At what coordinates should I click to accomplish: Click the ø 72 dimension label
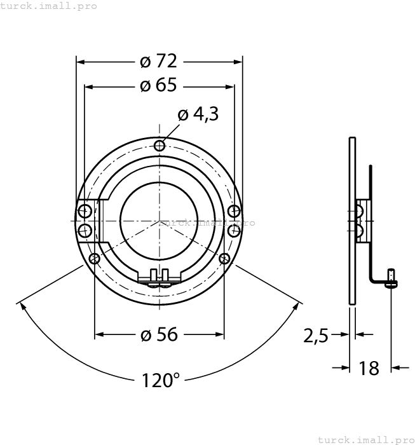(x=158, y=61)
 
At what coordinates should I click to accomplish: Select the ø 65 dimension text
(x=158, y=85)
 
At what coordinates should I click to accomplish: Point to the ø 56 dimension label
(x=158, y=334)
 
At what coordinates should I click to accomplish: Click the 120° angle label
(x=160, y=380)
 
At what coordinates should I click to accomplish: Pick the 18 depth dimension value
(x=369, y=367)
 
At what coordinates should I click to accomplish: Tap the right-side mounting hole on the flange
(x=234, y=211)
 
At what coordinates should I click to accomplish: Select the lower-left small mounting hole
(x=95, y=258)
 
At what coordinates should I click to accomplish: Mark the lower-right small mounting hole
(x=224, y=258)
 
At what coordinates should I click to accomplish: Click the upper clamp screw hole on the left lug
(x=84, y=211)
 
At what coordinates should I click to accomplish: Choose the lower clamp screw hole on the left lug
(x=84, y=229)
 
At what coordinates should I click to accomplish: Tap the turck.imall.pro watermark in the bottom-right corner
(x=365, y=439)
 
